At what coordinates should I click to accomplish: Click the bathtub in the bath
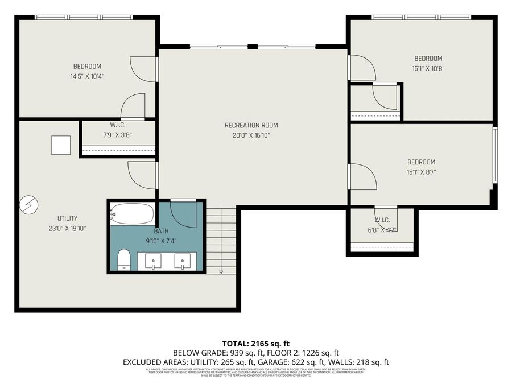(132, 214)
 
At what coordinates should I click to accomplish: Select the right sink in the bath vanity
(183, 261)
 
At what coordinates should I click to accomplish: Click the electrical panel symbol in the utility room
(28, 205)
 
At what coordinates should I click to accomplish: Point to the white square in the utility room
(61, 145)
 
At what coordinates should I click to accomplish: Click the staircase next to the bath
(220, 239)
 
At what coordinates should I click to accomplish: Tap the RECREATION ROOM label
(251, 125)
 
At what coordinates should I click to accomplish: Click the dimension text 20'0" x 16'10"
(251, 135)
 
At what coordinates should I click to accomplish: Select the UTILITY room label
(67, 218)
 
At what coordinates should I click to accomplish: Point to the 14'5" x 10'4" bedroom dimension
(87, 76)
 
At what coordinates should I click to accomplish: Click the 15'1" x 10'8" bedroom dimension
(428, 68)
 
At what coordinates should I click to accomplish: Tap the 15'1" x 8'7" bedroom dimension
(421, 172)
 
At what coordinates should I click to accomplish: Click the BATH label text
(161, 231)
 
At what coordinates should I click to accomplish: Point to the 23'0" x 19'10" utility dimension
(67, 228)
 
